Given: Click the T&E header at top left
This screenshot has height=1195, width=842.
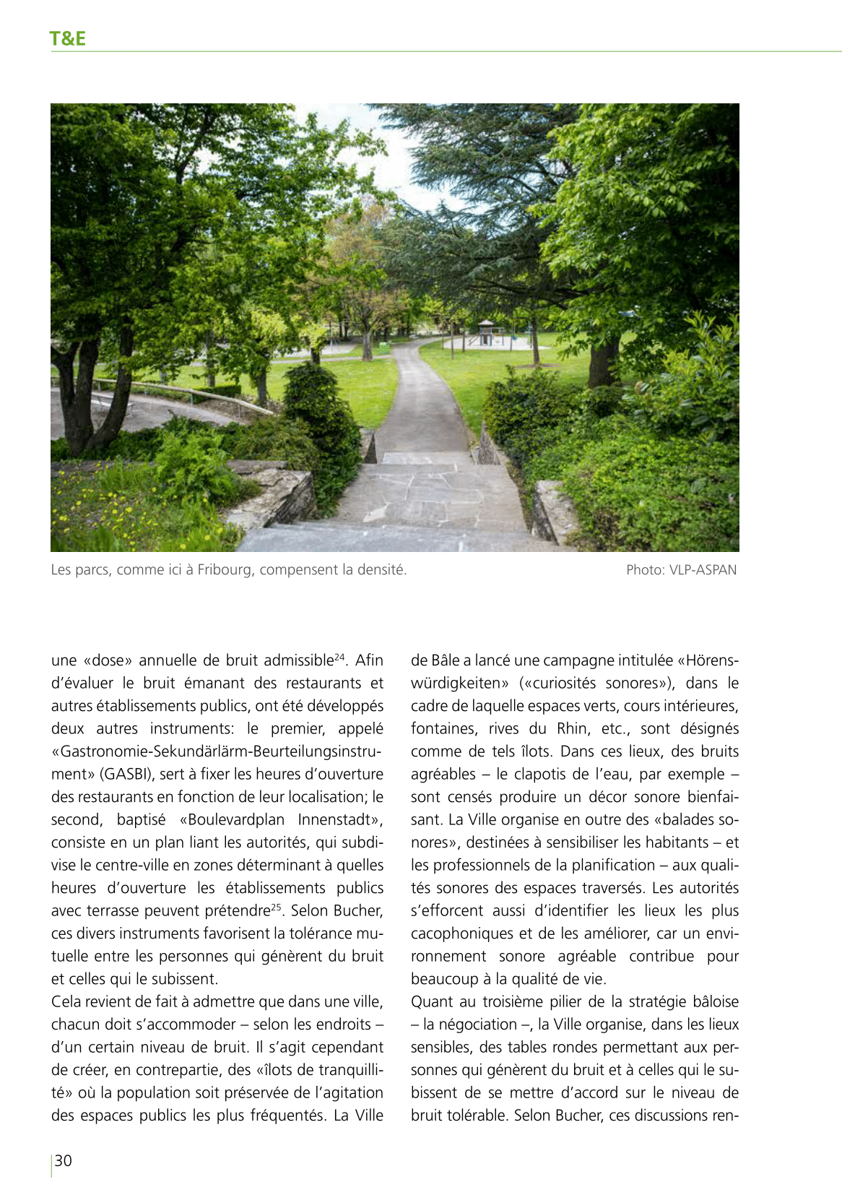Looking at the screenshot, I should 68,38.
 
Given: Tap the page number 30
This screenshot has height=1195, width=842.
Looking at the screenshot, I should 64,1160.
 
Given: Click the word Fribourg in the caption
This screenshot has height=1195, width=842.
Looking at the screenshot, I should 225,570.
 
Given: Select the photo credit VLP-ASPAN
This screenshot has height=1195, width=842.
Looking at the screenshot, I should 703,570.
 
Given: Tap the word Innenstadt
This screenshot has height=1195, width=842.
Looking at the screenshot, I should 339,820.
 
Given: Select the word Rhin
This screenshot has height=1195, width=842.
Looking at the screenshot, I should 572,729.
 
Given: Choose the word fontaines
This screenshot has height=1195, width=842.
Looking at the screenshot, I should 443,729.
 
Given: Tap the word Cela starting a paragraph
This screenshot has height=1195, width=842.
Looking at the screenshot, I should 66,1002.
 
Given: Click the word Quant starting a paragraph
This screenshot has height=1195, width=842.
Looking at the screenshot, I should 432,1002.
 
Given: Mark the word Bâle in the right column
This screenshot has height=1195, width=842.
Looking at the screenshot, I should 445,660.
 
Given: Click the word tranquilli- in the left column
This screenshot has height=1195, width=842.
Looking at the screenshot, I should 350,1070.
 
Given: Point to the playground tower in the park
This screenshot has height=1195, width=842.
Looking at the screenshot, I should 485,332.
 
